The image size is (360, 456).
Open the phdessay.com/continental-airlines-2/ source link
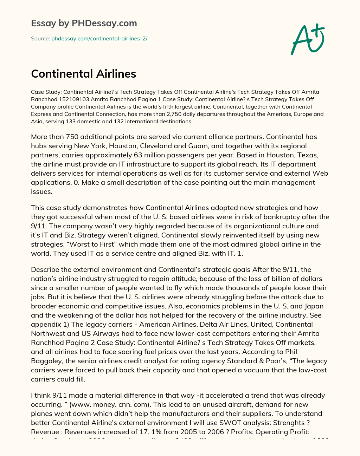coord(99,39)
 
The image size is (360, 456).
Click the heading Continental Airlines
coord(83,74)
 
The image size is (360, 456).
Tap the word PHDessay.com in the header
coord(104,23)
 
